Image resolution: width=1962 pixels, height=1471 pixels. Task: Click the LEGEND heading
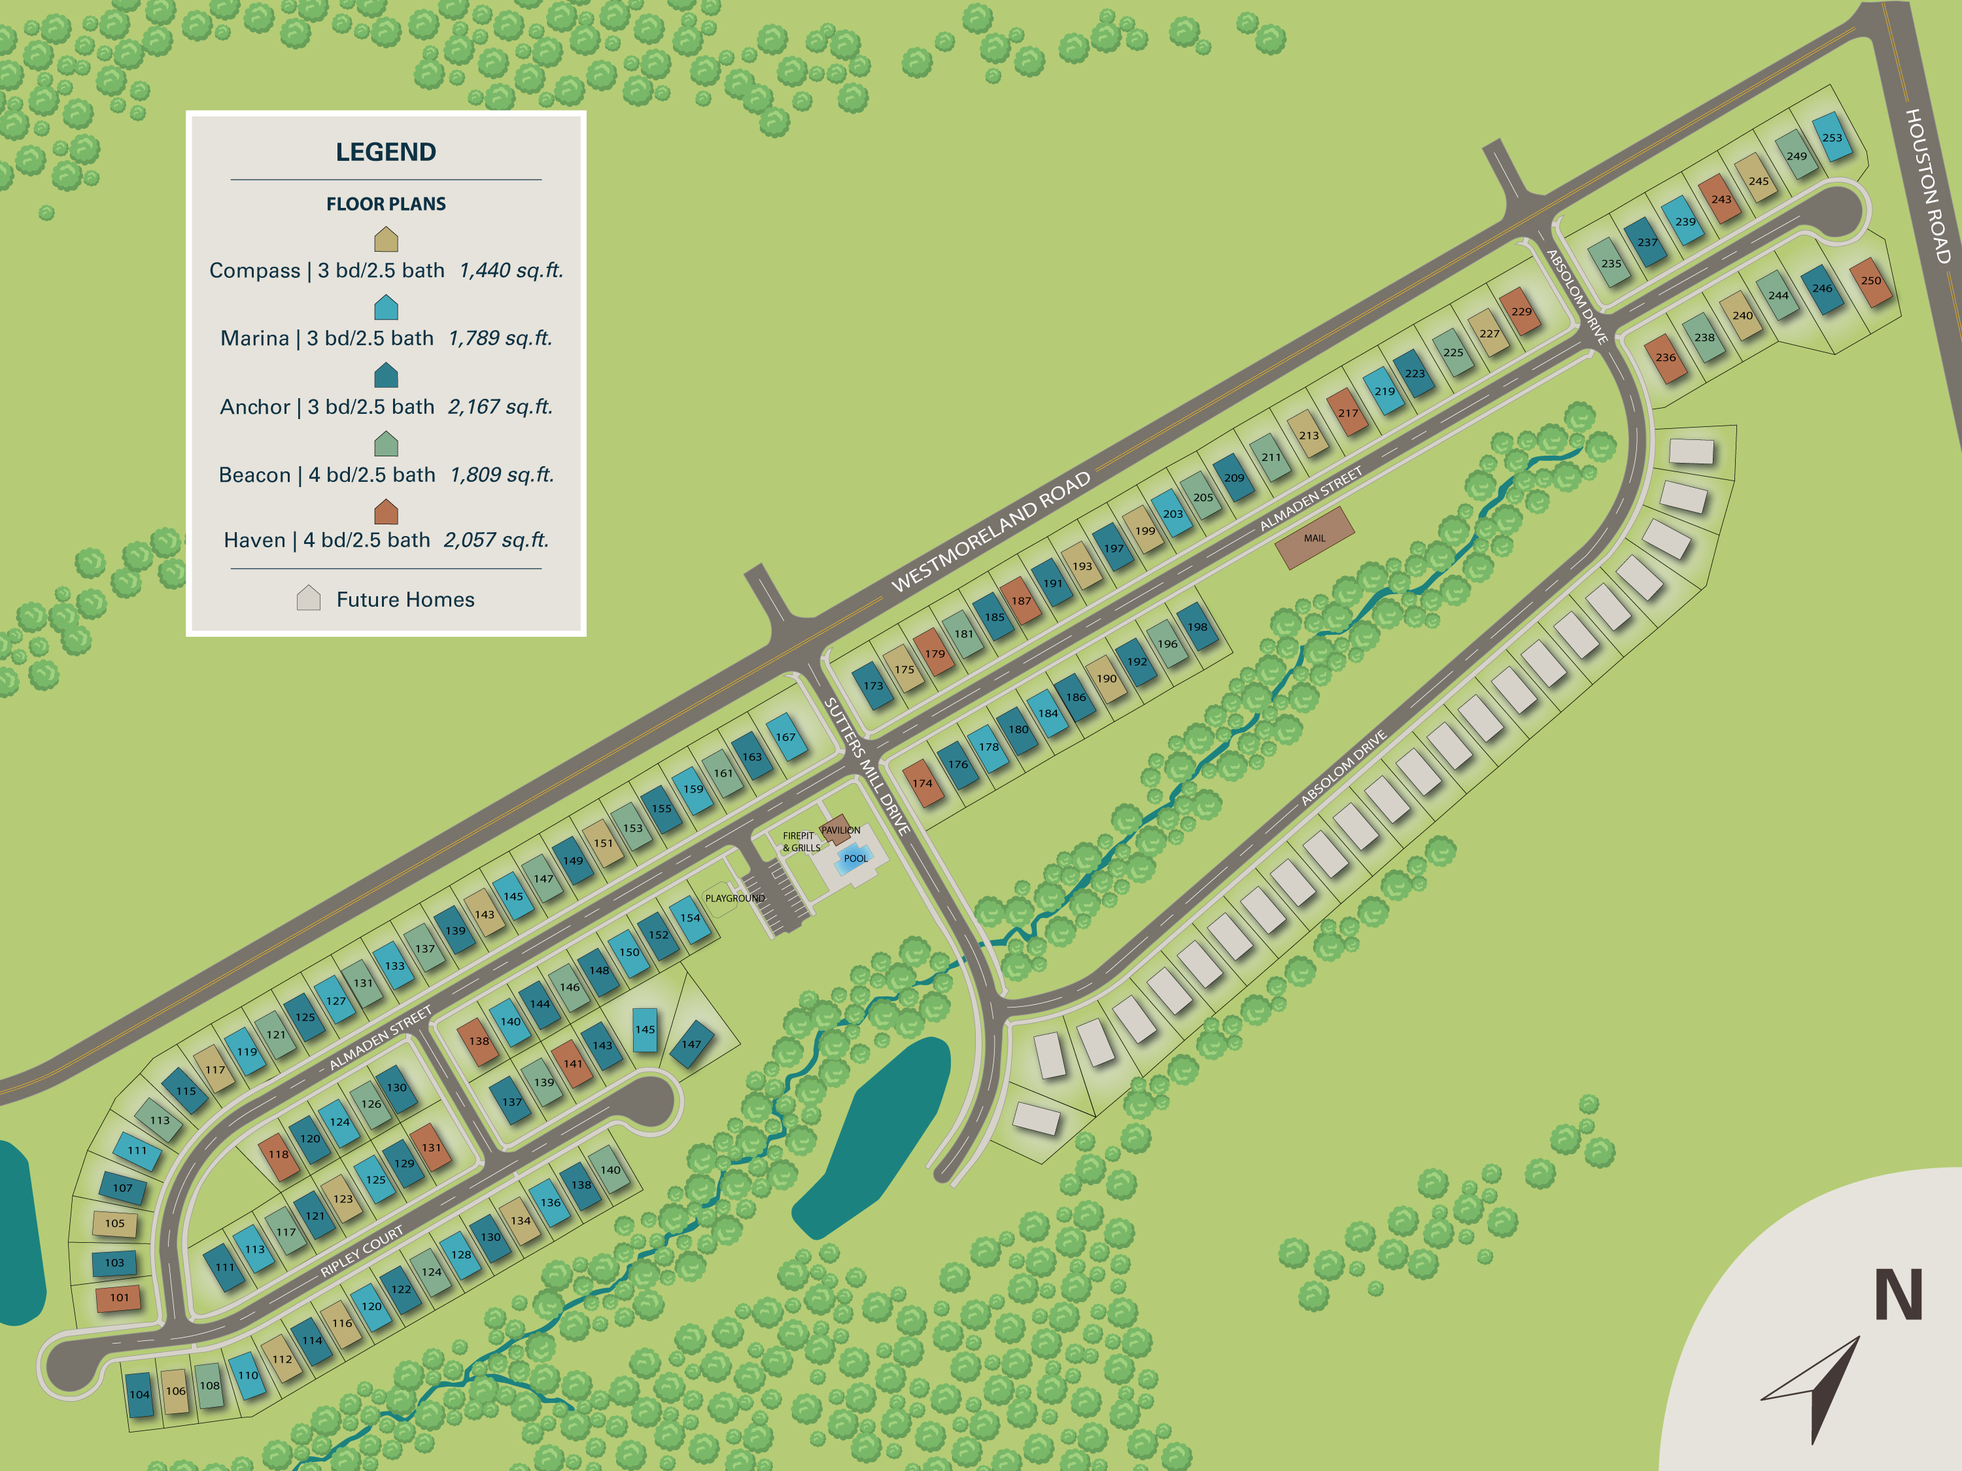386,152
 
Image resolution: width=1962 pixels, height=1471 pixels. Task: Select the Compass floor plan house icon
386,239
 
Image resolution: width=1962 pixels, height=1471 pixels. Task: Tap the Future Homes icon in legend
308,598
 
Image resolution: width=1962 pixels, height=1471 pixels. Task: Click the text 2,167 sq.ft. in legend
500,407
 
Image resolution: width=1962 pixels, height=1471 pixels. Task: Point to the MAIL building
1315,537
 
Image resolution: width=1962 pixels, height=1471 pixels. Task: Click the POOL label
855,858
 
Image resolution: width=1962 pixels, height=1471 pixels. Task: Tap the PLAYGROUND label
734,898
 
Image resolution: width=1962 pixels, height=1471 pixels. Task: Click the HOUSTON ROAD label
1928,186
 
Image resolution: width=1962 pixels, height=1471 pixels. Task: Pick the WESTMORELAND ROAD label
991,532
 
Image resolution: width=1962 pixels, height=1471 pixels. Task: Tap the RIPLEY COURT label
362,1251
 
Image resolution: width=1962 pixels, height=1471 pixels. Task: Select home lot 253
1832,137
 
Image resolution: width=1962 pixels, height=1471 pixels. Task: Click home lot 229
1521,311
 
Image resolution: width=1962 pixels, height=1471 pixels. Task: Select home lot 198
1197,627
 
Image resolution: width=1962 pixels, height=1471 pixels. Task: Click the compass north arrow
1818,1383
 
